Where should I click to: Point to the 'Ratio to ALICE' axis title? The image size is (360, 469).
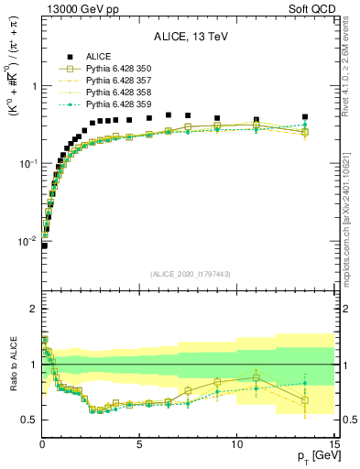point(12,376)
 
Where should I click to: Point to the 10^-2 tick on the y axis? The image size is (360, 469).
point(28,241)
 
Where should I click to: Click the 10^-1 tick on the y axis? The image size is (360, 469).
point(28,163)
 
